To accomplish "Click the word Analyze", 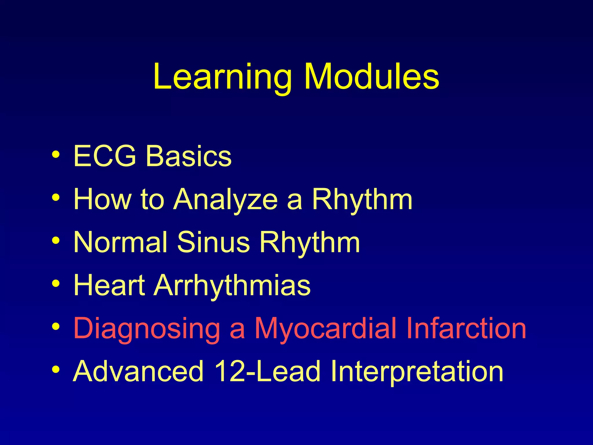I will click(226, 200).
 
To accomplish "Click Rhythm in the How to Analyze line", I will click(362, 200).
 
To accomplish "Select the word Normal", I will click(120, 242).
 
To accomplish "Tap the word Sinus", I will click(213, 242).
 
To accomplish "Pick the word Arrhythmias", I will click(232, 286).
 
